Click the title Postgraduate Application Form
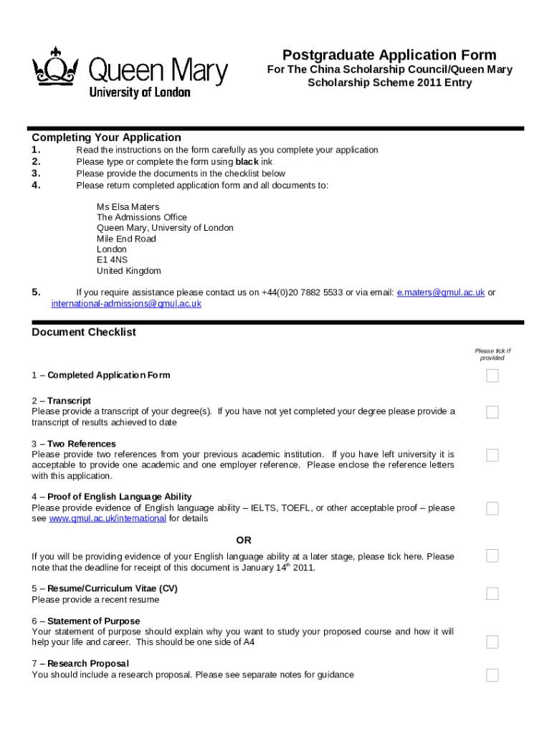[x=389, y=55]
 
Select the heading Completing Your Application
[x=106, y=138]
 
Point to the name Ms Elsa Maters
[x=128, y=206]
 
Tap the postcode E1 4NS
[x=113, y=260]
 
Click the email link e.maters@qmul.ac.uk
[x=441, y=292]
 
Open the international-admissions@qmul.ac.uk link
[x=126, y=303]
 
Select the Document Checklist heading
[x=84, y=333]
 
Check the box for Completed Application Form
[x=492, y=376]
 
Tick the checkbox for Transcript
[x=492, y=412]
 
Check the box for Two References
[x=492, y=455]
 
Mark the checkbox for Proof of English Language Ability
[x=492, y=508]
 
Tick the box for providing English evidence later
[x=492, y=556]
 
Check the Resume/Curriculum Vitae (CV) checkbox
[x=492, y=594]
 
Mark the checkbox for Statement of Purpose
[x=492, y=642]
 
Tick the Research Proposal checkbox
[x=492, y=675]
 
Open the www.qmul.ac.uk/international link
[x=108, y=518]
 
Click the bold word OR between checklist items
[x=244, y=540]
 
